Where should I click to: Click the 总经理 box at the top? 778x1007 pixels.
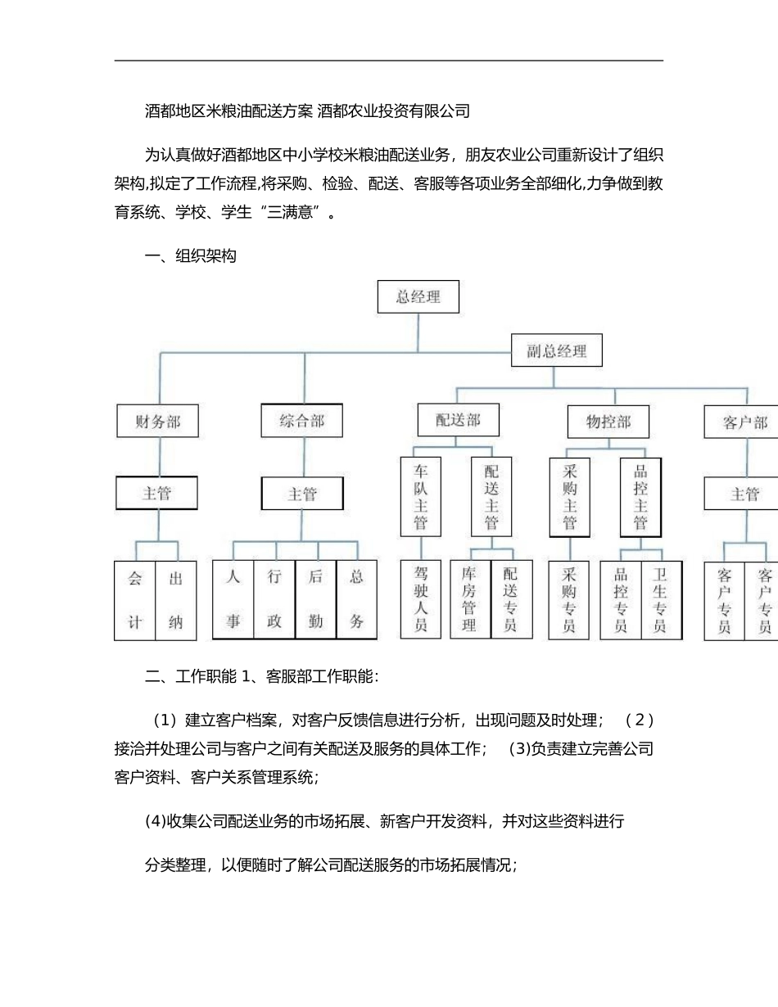point(418,296)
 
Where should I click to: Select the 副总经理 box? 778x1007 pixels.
point(556,350)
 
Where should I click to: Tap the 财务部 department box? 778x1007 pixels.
point(158,421)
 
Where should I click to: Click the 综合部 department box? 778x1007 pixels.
point(302,420)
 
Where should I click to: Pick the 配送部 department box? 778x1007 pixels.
point(458,420)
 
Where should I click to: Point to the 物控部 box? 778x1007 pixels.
point(608,422)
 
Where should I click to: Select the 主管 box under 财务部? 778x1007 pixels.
point(156,493)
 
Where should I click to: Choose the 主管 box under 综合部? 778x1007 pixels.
point(302,494)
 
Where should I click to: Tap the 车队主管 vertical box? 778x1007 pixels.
point(421,496)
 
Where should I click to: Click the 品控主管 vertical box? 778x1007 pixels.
point(640,497)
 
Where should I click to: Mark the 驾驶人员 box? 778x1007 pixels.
point(421,599)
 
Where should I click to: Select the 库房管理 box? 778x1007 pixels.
point(470,599)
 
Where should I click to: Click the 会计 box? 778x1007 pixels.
point(135,600)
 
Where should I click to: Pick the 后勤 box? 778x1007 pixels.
point(315,599)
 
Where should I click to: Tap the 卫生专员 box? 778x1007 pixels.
point(661,600)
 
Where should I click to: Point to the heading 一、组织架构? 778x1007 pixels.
point(190,256)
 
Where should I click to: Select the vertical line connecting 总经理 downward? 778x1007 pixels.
point(418,332)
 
